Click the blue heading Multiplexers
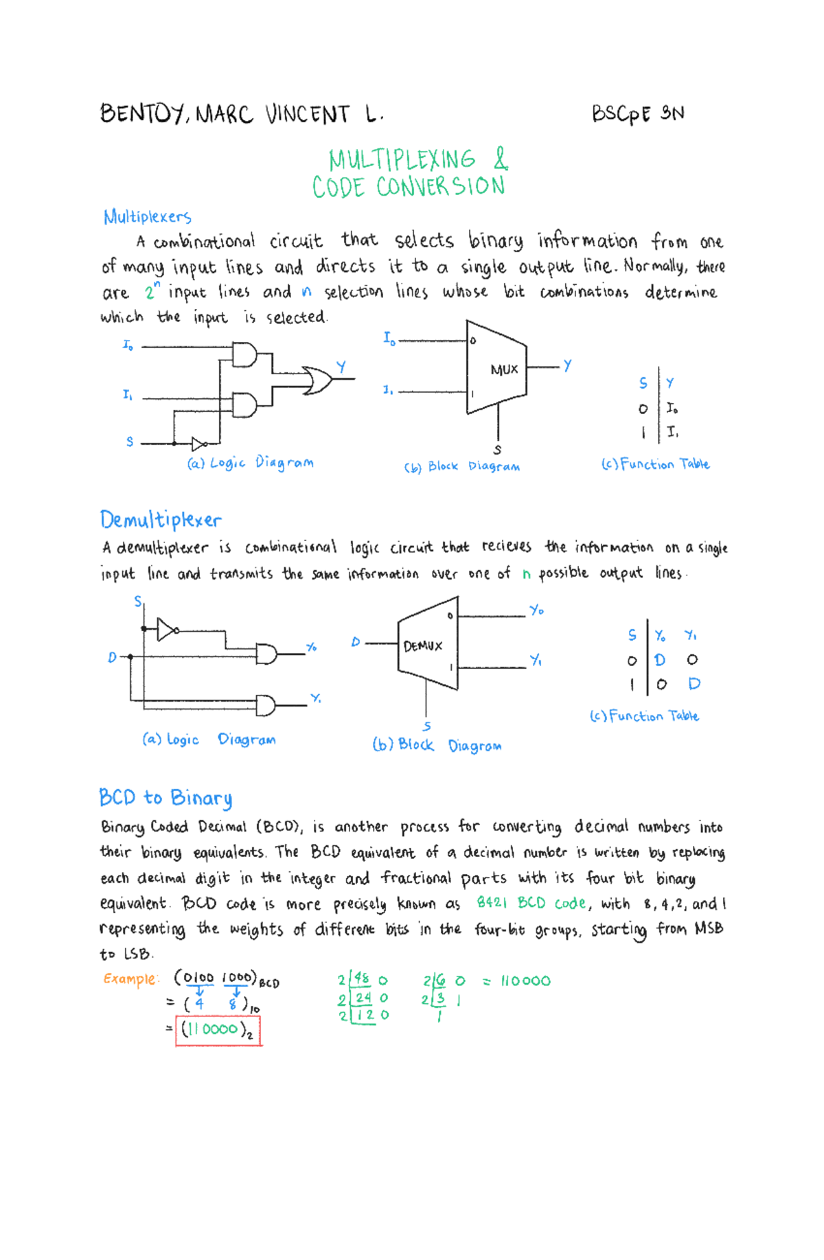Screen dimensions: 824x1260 (147, 217)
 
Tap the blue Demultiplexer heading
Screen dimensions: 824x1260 (161, 520)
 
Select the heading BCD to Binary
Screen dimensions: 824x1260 (165, 798)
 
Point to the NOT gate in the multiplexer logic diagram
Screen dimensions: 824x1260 (198, 444)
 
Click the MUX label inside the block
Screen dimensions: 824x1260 (504, 369)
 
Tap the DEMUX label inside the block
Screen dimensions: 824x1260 (423, 646)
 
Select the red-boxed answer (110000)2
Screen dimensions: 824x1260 (218, 1030)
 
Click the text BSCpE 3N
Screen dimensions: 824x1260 (638, 113)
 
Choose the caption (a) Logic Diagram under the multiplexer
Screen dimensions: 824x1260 (250, 463)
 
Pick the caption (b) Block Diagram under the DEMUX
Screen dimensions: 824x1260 (437, 745)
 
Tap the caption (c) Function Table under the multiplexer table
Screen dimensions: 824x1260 (655, 465)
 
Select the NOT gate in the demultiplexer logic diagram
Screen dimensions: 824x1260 (167, 629)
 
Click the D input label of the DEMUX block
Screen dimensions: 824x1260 (355, 643)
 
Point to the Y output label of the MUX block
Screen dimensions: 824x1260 (567, 366)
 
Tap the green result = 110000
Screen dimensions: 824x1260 (516, 981)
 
